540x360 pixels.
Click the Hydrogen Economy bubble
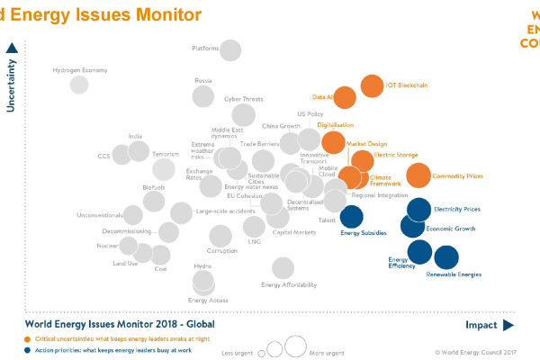point(79,85)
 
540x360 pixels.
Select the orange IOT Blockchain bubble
point(371,85)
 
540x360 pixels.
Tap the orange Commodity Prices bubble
point(418,175)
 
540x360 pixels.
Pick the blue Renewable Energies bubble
point(445,258)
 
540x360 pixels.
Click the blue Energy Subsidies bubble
point(351,217)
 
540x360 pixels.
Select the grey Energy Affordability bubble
point(283,267)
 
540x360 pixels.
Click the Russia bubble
point(203,96)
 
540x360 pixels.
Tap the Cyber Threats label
point(243,99)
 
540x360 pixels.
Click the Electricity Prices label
point(456,209)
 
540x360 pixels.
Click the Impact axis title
point(481,325)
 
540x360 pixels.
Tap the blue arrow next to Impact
point(508,325)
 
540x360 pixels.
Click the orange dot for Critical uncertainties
point(28,338)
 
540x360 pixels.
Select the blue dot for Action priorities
point(28,349)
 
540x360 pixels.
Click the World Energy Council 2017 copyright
point(474,353)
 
